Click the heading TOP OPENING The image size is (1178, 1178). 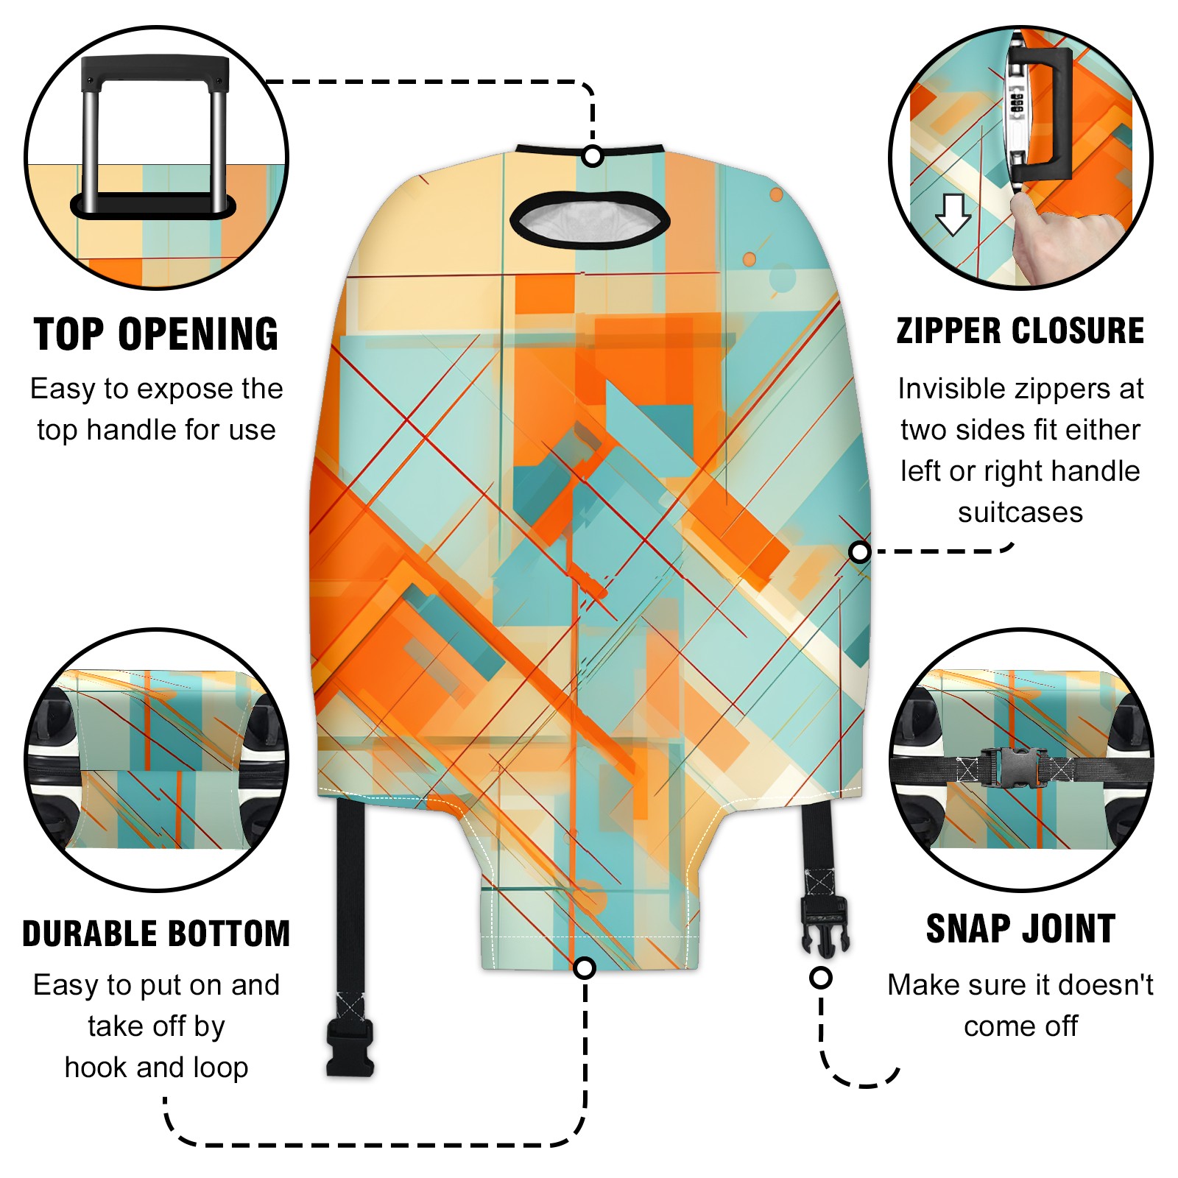pos(156,334)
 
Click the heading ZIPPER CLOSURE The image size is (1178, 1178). pos(1020,331)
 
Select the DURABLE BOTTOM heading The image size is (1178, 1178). pos(156,934)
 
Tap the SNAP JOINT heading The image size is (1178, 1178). pos(1020,928)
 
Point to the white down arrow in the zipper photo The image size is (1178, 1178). pos(953,214)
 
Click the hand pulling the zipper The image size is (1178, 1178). pos(1060,239)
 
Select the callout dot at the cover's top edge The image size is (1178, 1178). pos(593,156)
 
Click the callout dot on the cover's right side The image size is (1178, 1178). pos(859,552)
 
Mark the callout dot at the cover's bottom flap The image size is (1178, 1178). pos(585,967)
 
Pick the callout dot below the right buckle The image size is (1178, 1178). pos(821,978)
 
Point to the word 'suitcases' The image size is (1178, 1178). pos(1020,512)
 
